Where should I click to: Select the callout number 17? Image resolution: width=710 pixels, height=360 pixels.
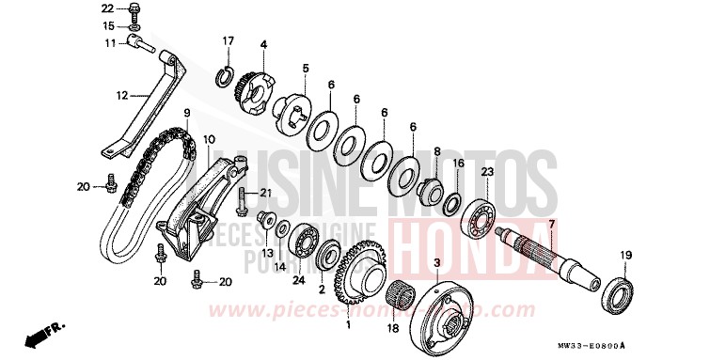pyautogui.click(x=227, y=40)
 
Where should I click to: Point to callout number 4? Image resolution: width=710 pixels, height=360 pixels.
pyautogui.click(x=264, y=44)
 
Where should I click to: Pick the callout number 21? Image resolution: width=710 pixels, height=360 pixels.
pyautogui.click(x=265, y=194)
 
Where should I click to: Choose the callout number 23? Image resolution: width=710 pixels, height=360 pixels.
pyautogui.click(x=486, y=171)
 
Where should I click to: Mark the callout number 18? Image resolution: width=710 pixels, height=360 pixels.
pyautogui.click(x=394, y=328)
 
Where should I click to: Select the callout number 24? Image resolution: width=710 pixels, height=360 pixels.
pyautogui.click(x=298, y=278)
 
